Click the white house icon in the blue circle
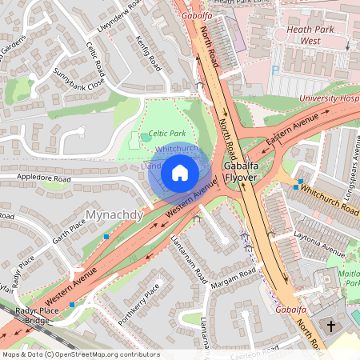180,172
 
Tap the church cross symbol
332,326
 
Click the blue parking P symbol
275,71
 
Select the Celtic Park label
166,132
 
